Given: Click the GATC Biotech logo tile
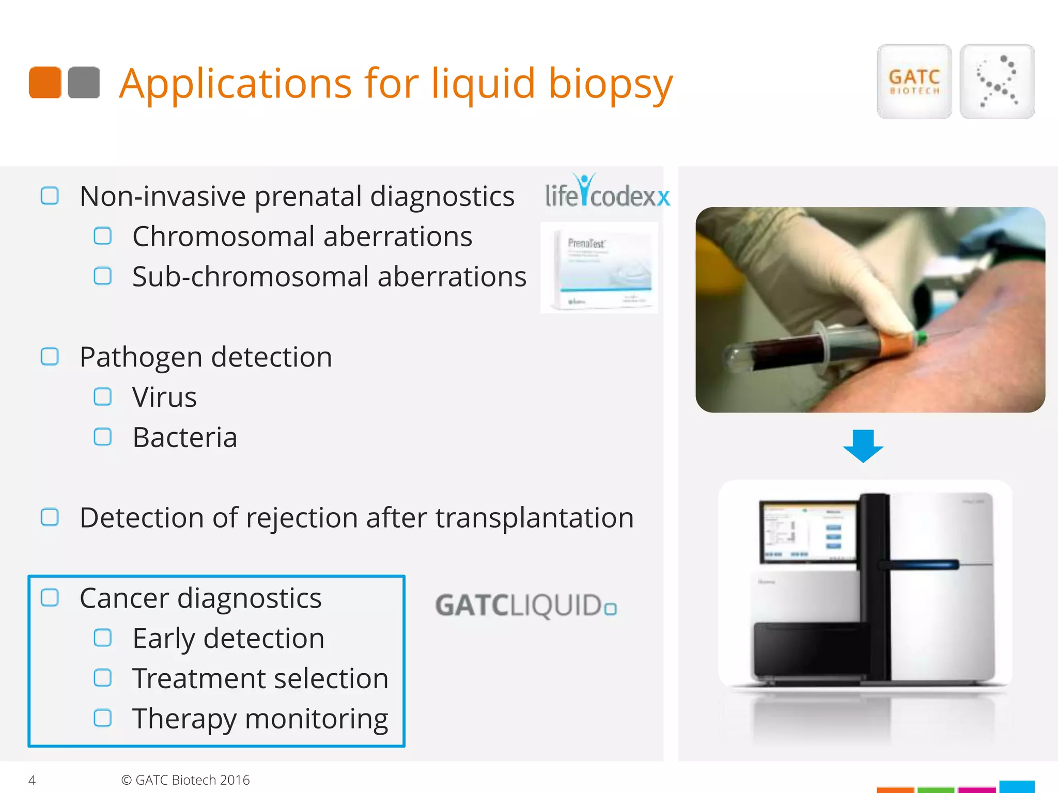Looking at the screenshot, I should tap(914, 82).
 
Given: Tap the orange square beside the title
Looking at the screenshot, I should tap(45, 83).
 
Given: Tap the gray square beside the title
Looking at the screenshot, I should tap(84, 83).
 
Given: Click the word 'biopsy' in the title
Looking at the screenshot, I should tap(611, 84).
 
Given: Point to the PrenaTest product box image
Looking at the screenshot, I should tap(599, 267).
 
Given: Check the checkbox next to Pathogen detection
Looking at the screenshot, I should tap(50, 356).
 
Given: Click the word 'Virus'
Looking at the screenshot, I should tap(164, 397).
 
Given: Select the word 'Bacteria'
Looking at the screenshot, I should tap(184, 437).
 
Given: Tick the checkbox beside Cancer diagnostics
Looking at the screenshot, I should tap(50, 597).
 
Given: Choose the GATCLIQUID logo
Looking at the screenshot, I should tap(526, 606).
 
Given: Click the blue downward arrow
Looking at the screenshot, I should tap(863, 446).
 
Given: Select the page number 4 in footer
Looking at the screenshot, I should tap(32, 780).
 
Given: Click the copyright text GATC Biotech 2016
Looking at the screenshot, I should tap(185, 780).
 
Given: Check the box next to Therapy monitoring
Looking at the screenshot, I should tap(102, 718).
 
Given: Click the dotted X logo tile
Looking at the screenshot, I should tap(997, 82).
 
